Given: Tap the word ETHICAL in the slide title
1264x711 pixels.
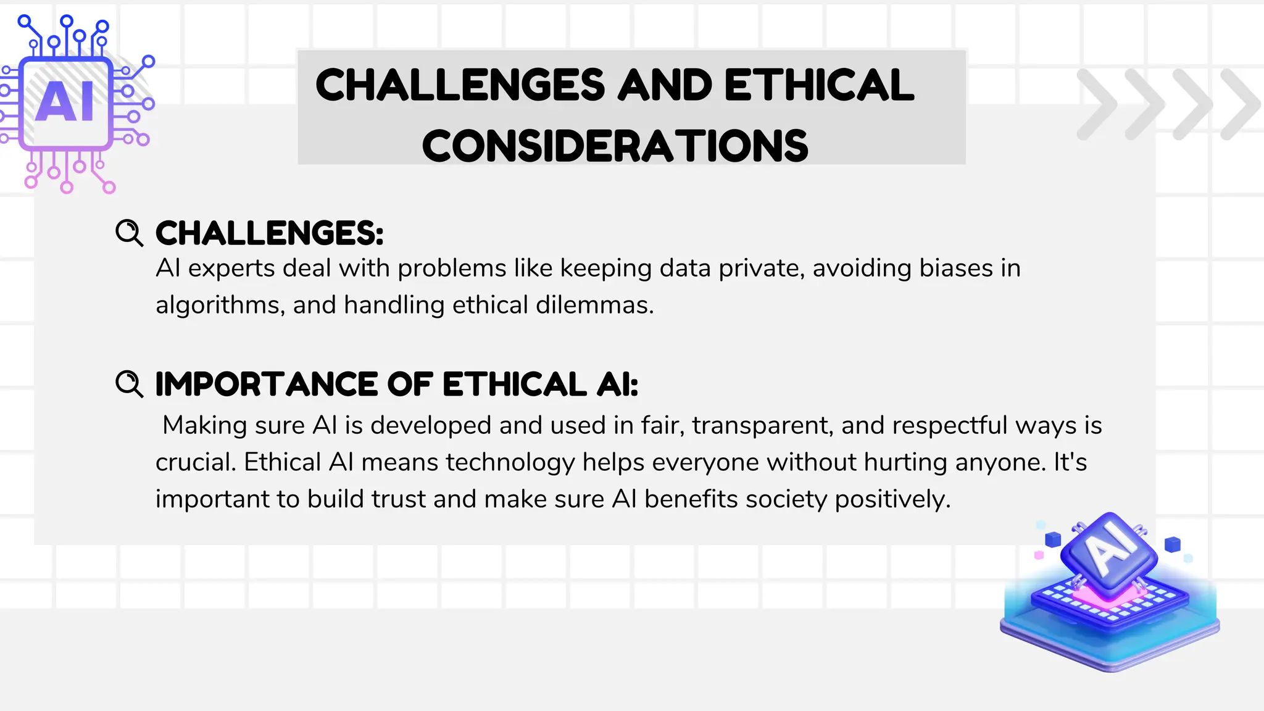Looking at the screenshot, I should pos(819,85).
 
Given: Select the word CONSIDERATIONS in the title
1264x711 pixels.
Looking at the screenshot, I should pos(615,146).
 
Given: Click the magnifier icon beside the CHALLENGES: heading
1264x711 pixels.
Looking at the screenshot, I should pos(129,233).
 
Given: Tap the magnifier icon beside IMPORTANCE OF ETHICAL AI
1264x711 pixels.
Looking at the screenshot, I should pos(129,384).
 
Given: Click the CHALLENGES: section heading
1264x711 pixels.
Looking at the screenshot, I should pos(269,233).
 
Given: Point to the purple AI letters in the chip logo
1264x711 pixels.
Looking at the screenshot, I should pos(65,102).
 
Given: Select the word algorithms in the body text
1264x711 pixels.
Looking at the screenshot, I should pos(220,305).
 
